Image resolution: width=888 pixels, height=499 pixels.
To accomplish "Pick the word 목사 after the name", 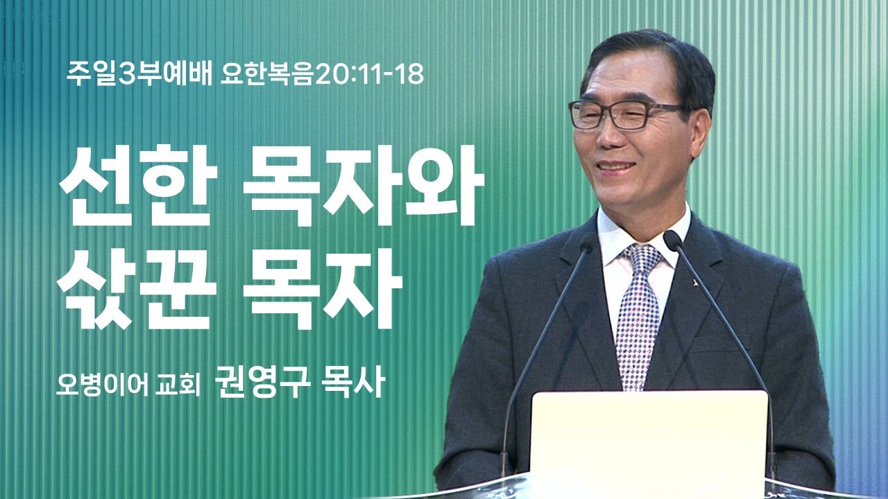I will point(350,384).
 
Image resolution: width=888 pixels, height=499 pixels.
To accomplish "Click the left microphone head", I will point(589,243).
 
